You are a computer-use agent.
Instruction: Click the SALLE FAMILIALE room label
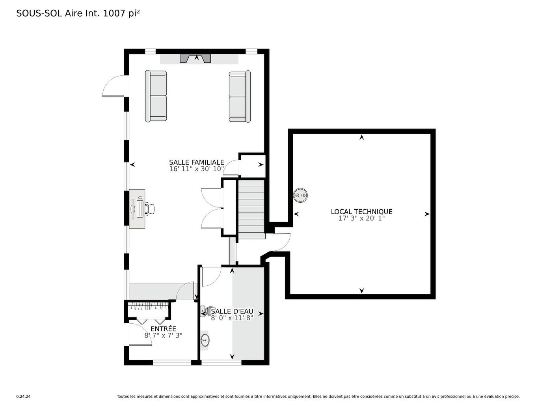tap(196, 162)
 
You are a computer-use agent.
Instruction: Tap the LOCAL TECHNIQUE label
tap(361, 212)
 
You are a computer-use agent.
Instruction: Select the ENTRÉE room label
tap(163, 329)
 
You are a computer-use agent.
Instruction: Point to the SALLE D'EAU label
tap(232, 311)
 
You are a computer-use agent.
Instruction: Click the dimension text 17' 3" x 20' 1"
tap(361, 218)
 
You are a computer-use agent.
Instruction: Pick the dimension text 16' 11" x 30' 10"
tap(196, 169)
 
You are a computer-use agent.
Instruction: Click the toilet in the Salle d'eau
tap(205, 311)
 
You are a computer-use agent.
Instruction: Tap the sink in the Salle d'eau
tap(205, 339)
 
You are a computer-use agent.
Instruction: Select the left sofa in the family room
tap(156, 96)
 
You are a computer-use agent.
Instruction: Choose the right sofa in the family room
tap(240, 96)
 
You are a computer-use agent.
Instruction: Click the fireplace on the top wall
tap(195, 59)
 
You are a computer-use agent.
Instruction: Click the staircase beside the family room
tap(251, 209)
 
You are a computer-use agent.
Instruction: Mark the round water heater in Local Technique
tap(300, 195)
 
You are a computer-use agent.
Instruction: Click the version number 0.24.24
tap(23, 397)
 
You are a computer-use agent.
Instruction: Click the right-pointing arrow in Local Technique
tap(427, 214)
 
